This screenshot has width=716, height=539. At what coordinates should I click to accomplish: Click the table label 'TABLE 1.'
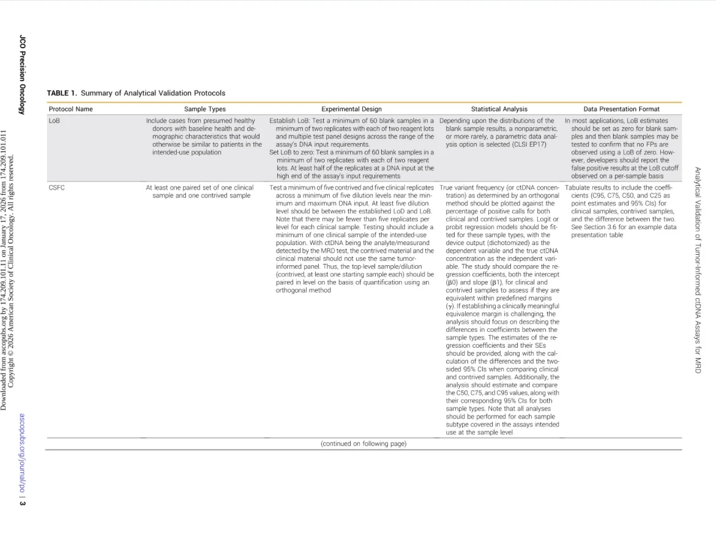pos(62,94)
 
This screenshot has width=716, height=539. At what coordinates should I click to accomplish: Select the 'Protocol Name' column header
pos(70,109)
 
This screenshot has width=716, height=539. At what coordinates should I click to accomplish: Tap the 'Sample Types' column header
pos(204,109)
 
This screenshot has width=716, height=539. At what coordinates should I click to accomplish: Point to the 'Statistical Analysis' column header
pos(499,109)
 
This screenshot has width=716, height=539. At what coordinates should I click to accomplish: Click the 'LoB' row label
pos(54,121)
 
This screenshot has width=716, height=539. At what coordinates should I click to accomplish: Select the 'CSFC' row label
pos(56,188)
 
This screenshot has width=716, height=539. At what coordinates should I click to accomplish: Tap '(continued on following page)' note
pos(364,444)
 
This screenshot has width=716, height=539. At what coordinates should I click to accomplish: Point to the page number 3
pos(23,502)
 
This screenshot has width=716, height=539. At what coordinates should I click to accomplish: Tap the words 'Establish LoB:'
pos(290,121)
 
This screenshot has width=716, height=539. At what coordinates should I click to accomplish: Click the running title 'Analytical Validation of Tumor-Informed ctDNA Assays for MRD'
pos(698,269)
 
